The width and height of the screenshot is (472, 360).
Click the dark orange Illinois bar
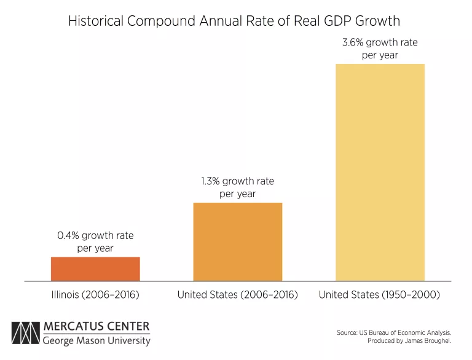tap(95, 268)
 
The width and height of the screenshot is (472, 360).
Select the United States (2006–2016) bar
tap(238, 241)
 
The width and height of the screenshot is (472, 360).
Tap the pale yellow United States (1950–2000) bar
tap(380, 172)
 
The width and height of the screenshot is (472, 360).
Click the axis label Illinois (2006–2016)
tap(95, 295)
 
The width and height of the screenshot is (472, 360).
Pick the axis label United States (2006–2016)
tap(237, 295)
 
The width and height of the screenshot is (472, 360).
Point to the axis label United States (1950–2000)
tap(379, 295)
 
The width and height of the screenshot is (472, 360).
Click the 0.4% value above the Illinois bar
tap(68, 235)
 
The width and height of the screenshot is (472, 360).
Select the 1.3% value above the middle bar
tap(210, 181)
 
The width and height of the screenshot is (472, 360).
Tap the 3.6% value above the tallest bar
tap(353, 43)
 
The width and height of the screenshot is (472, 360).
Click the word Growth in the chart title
tap(376, 22)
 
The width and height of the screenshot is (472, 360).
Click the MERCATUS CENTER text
tap(96, 326)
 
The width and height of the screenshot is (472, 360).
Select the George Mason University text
tap(96, 340)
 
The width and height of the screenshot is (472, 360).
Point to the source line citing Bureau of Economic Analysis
tap(394, 332)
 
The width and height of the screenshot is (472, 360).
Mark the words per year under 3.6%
tap(380, 55)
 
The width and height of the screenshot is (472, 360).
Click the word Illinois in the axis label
tap(65, 295)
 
